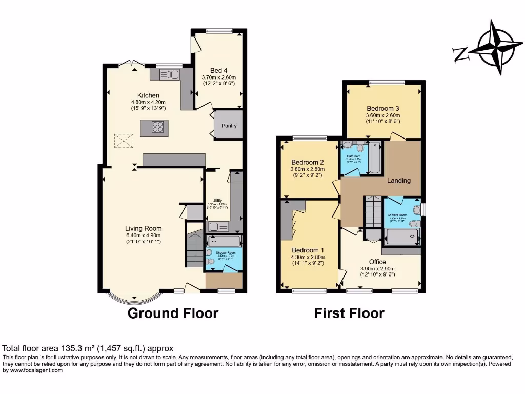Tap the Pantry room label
pos(229,126)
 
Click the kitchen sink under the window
pos(168,75)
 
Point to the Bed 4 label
pos(218,71)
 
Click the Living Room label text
pos(144,229)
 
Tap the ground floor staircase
pos(195,249)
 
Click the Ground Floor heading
pos(173,313)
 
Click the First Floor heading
pos(349,313)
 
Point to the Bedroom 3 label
pos(382,109)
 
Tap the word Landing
pos(398,181)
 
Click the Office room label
pos(377,262)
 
